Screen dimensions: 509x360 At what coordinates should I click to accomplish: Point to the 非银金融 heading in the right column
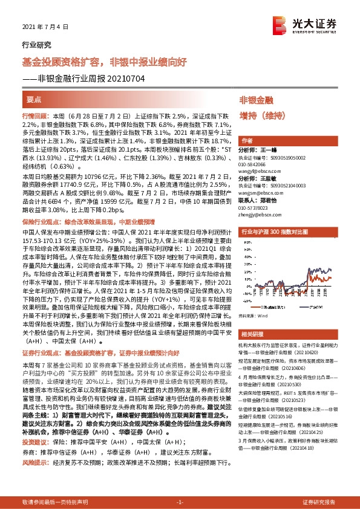257,100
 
